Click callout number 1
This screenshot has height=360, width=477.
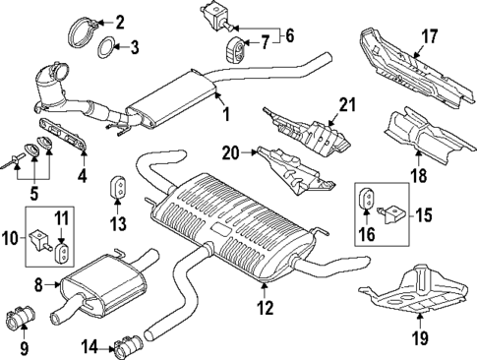224,115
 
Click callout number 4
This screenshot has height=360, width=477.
83,177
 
